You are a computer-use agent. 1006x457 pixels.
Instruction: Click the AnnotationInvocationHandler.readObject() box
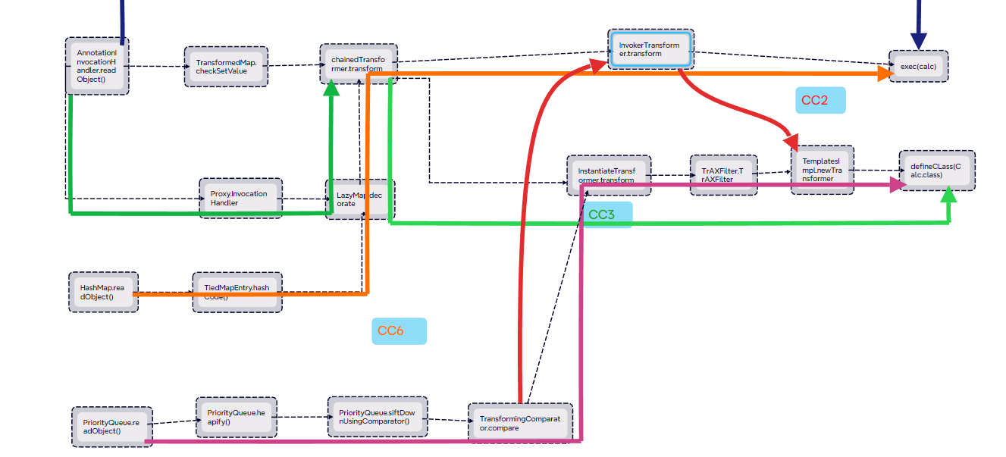[97, 66]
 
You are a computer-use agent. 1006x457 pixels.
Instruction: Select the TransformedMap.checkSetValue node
[226, 67]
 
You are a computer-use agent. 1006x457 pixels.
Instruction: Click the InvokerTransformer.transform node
[650, 49]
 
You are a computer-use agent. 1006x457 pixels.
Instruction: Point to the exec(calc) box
[919, 67]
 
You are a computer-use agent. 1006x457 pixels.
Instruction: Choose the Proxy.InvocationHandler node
[241, 199]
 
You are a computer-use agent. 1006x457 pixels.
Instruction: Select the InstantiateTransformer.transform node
[607, 176]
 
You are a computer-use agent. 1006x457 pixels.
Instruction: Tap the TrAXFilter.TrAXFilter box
[723, 175]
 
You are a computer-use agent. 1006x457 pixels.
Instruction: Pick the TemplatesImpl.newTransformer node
[823, 170]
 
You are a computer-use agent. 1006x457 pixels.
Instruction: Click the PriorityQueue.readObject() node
[111, 426]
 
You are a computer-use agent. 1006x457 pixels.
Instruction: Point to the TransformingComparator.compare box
[520, 423]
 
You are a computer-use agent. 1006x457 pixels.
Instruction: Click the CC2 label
[820, 100]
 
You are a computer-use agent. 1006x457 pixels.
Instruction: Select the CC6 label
[399, 331]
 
